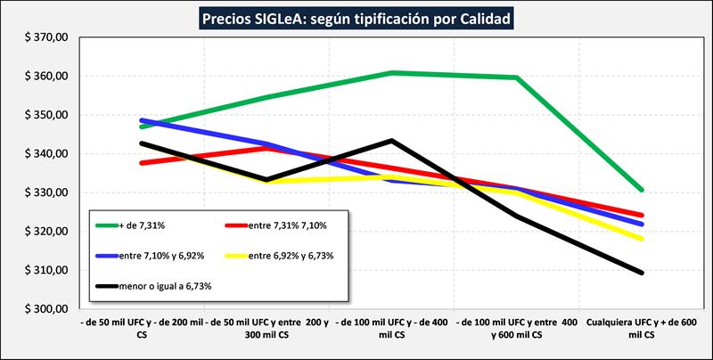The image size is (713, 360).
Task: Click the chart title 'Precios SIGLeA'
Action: tap(356, 18)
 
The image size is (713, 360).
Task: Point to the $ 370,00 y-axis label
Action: tap(45, 38)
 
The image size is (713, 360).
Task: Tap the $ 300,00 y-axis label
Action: tap(45, 309)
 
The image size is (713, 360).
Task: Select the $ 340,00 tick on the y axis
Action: tap(45, 154)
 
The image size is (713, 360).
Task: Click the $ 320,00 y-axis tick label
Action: tap(45, 232)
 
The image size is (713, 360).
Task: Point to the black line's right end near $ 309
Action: tap(642, 273)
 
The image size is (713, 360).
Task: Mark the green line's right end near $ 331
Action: tap(642, 190)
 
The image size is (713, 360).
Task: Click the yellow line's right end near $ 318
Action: tap(642, 239)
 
